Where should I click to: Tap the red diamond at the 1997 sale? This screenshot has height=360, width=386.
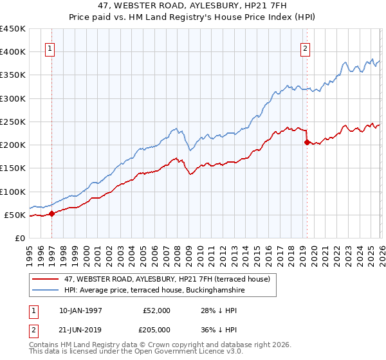click(x=52, y=214)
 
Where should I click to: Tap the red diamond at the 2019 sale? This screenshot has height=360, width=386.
click(x=307, y=143)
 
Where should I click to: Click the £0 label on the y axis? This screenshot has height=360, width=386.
click(x=21, y=238)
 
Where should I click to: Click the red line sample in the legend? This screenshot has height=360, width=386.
click(x=46, y=279)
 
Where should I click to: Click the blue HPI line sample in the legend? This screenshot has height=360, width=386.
click(x=46, y=291)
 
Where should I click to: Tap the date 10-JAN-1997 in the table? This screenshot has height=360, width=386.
click(x=82, y=310)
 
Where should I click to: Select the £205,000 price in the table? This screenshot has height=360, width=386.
click(x=156, y=330)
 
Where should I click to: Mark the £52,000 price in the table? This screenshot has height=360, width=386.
click(x=156, y=310)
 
